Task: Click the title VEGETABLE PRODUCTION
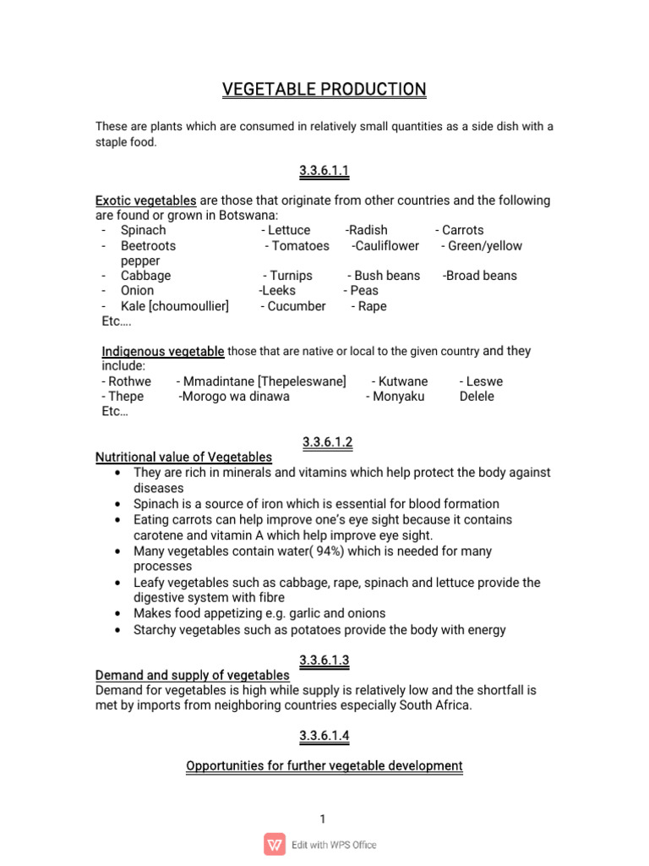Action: tap(324, 90)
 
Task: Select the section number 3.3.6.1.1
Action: tap(324, 172)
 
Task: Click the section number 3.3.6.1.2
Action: tap(324, 442)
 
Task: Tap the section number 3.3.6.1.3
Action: tap(324, 660)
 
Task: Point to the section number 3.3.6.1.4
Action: tap(324, 737)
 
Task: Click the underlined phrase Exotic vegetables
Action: tap(146, 200)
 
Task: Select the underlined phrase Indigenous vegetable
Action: tap(163, 351)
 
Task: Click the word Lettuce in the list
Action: tap(288, 230)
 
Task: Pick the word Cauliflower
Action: tap(387, 245)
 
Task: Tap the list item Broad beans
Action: tap(481, 276)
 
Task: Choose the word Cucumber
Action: tap(296, 306)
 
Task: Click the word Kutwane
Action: tap(403, 381)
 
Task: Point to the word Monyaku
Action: tap(399, 397)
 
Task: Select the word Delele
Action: tap(477, 397)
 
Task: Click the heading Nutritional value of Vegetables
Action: tap(184, 458)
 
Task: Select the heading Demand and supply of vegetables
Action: tap(193, 675)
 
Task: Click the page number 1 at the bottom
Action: tap(323, 819)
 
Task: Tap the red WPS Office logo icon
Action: tap(275, 844)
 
